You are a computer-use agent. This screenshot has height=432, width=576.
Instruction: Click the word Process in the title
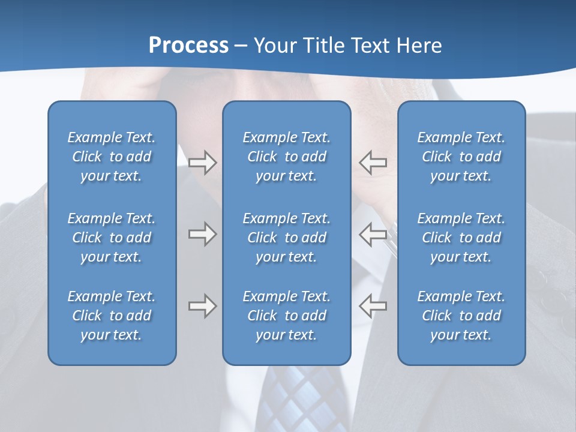click(x=188, y=46)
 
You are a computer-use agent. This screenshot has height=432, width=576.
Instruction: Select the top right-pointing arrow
click(x=202, y=163)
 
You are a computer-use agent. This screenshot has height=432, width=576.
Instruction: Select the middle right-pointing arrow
click(x=202, y=234)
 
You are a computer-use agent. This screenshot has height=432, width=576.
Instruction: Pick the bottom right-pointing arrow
click(x=202, y=306)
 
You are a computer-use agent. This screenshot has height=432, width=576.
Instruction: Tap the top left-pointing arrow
click(x=373, y=163)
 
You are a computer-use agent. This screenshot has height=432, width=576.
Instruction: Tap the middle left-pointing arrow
click(x=373, y=234)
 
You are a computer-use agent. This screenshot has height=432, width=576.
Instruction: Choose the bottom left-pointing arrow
click(x=373, y=306)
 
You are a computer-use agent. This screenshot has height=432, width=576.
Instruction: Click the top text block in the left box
click(x=112, y=157)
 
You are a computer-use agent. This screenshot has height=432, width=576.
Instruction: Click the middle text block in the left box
click(x=112, y=238)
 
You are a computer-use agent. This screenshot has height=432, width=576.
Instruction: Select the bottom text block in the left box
click(x=112, y=316)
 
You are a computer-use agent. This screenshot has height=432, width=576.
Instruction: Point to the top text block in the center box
click(x=286, y=157)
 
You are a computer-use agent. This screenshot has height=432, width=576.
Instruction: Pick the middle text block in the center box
click(x=286, y=238)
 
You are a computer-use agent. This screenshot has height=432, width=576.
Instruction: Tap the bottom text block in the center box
click(x=286, y=316)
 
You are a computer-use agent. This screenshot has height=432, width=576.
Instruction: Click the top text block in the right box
click(x=461, y=157)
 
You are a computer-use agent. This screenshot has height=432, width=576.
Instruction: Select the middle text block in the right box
click(x=461, y=238)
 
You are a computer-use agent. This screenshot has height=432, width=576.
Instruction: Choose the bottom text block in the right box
click(x=461, y=316)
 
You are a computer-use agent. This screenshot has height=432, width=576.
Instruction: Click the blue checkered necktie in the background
click(x=300, y=396)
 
